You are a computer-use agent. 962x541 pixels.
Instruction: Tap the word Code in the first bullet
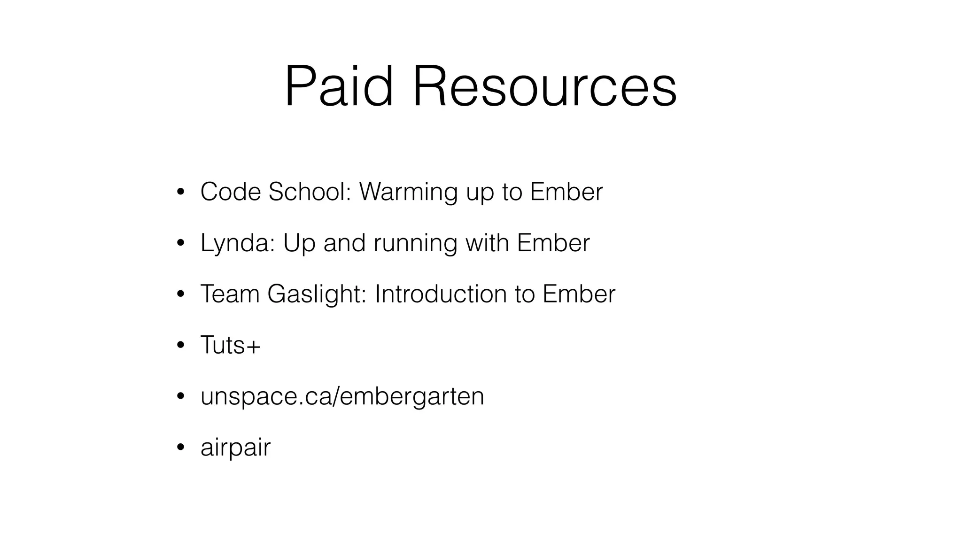tap(230, 192)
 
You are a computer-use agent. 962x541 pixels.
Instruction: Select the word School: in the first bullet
tap(310, 192)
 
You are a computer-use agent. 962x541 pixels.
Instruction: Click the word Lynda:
tap(237, 243)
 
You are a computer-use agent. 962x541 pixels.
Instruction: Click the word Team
tap(230, 294)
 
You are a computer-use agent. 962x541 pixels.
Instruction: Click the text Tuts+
tap(230, 345)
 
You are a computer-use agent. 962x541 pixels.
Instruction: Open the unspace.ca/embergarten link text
tap(342, 397)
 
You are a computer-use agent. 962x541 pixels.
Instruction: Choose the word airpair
tap(235, 448)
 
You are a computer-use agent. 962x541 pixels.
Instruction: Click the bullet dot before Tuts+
tap(180, 346)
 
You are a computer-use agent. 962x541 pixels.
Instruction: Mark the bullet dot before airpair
tap(180, 448)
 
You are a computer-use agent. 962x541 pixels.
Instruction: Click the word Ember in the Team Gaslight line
tap(579, 294)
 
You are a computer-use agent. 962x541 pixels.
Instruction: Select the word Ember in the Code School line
tap(566, 192)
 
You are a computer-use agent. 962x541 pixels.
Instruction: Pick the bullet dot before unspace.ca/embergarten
tap(180, 397)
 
